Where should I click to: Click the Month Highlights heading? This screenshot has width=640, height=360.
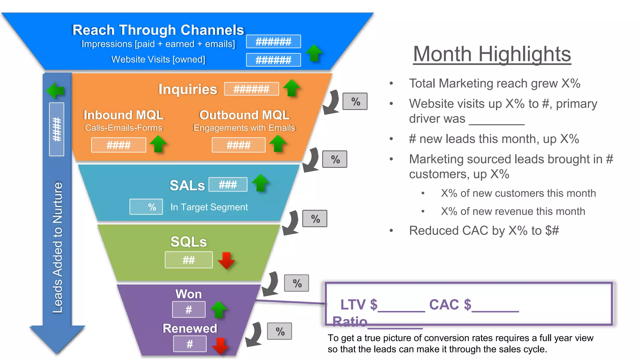pyautogui.click(x=492, y=54)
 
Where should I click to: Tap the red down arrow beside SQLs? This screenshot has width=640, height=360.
pyautogui.click(x=226, y=260)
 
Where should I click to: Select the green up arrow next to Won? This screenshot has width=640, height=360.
pyautogui.click(x=219, y=309)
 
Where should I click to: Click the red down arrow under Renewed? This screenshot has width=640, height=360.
pyautogui.click(x=221, y=346)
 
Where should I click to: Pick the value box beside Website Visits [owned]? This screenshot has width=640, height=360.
pyautogui.click(x=273, y=60)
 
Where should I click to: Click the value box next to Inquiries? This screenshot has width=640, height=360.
pyautogui.click(x=251, y=89)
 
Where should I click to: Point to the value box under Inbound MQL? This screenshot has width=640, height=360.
pyautogui.click(x=118, y=145)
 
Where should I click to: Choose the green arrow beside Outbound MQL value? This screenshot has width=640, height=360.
pyautogui.click(x=278, y=143)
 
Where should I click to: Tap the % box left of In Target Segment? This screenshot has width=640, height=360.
pyautogui.click(x=146, y=207)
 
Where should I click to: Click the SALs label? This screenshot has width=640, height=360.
pyautogui.click(x=187, y=186)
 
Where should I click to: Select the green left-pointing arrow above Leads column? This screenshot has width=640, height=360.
pyautogui.click(x=56, y=91)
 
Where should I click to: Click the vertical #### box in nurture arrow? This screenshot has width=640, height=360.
pyautogui.click(x=57, y=129)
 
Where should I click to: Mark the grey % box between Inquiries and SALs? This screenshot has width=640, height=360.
pyautogui.click(x=335, y=159)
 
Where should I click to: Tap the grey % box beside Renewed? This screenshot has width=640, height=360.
pyautogui.click(x=280, y=331)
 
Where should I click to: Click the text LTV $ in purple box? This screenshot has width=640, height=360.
pyautogui.click(x=358, y=304)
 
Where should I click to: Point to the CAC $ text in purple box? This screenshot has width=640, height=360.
pyautogui.click(x=450, y=304)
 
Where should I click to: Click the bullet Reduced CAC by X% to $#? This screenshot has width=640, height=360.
pyautogui.click(x=484, y=231)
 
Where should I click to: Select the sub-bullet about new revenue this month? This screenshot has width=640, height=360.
pyautogui.click(x=513, y=212)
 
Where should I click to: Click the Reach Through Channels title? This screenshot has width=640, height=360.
pyautogui.click(x=158, y=30)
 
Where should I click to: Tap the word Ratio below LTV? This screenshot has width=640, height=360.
pyautogui.click(x=349, y=321)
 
